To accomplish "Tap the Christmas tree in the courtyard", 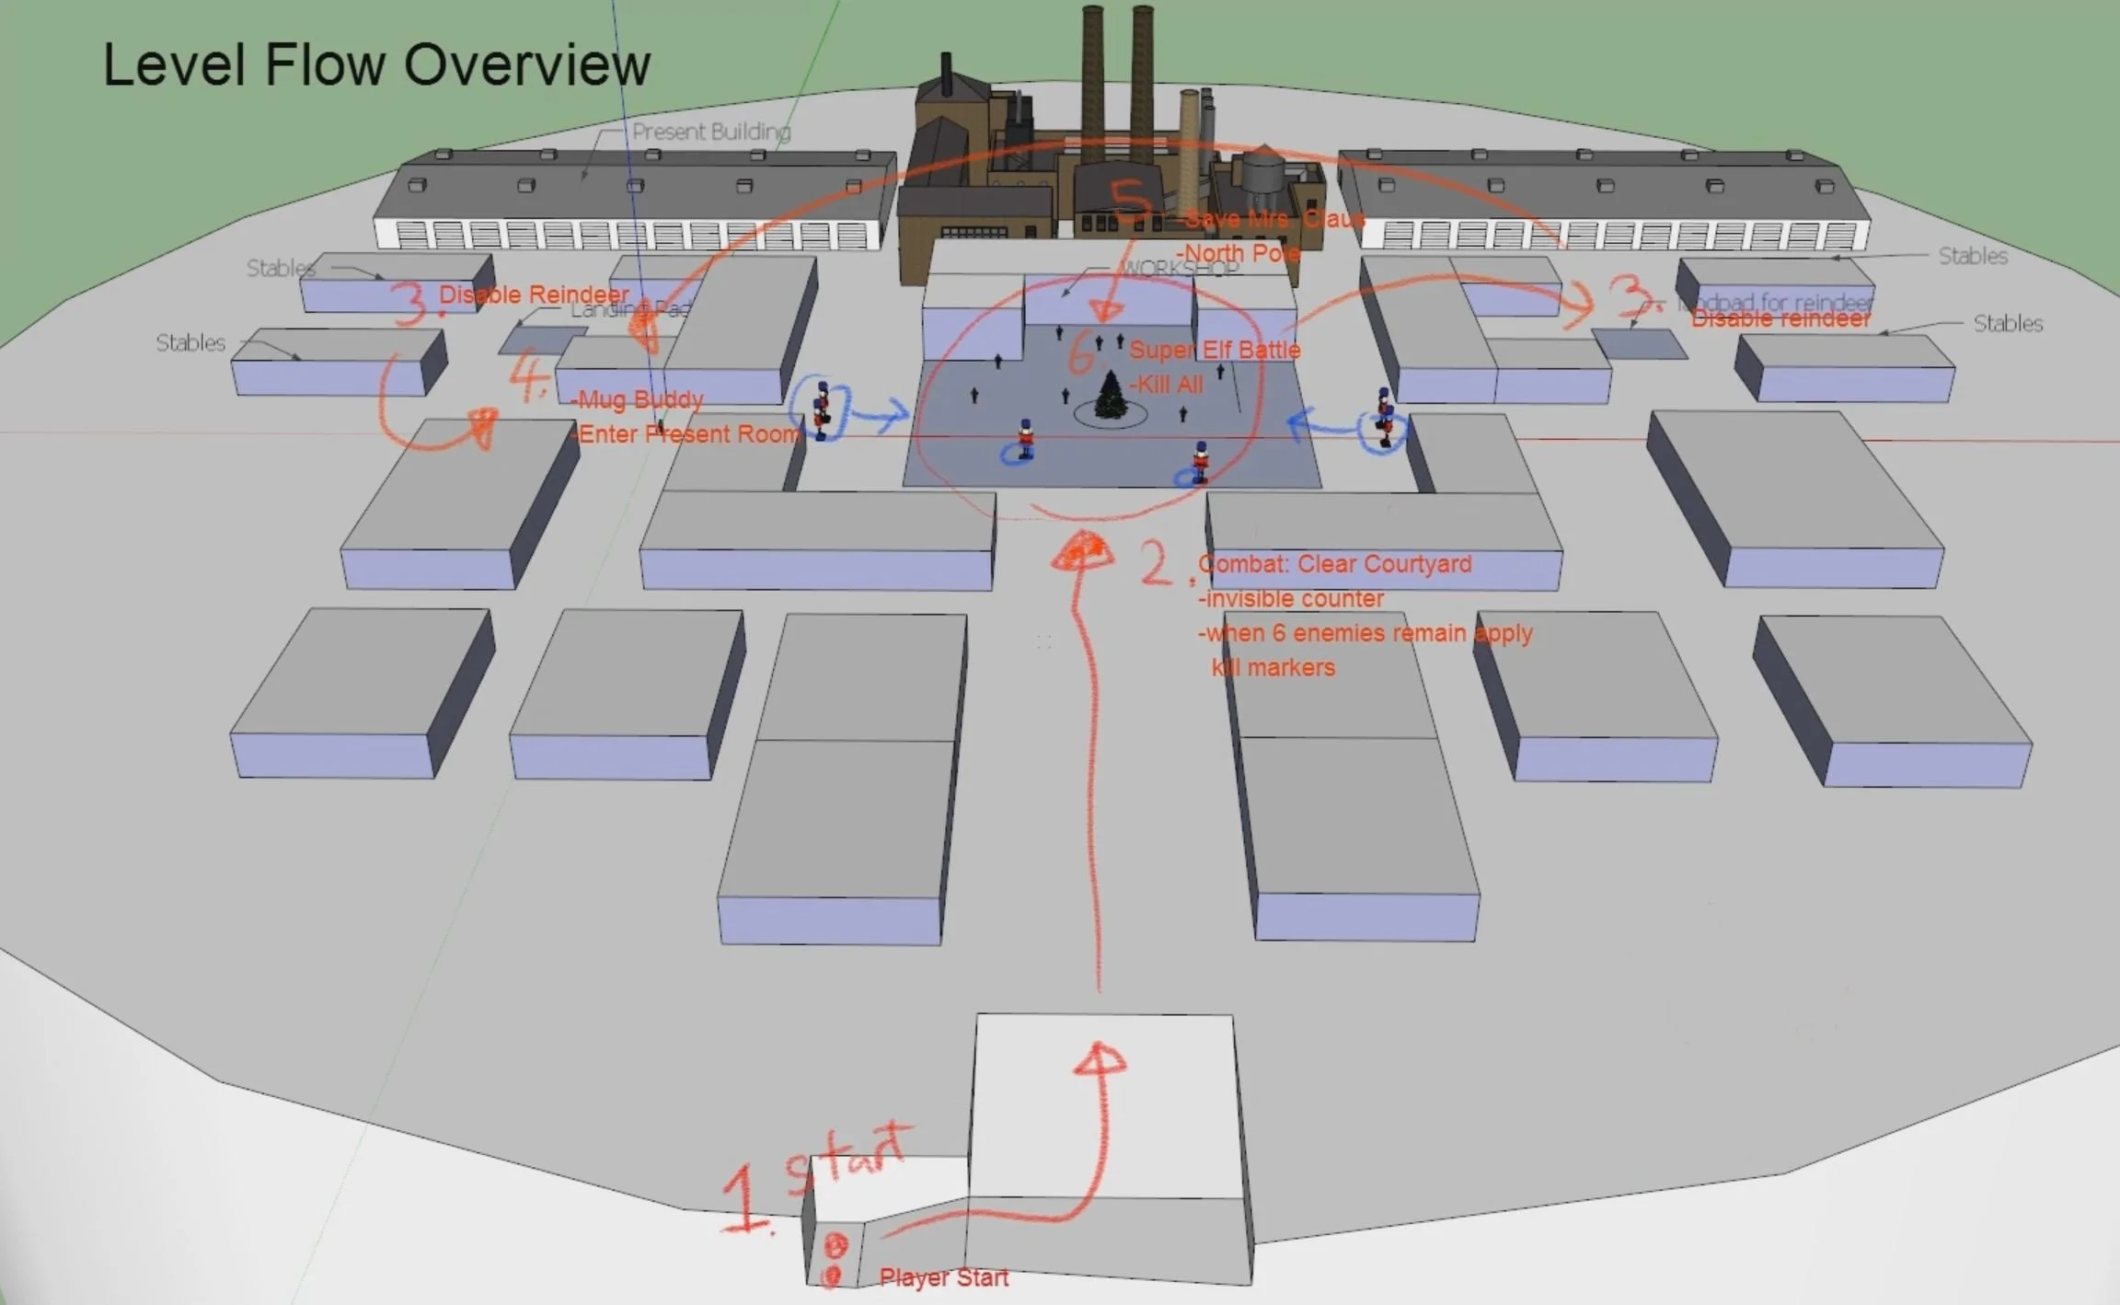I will pyautogui.click(x=1111, y=396).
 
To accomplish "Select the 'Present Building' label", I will pyautogui.click(x=710, y=133).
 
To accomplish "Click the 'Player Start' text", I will pyautogui.click(x=943, y=1277).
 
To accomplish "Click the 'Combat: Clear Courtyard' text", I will pyautogui.click(x=1335, y=564).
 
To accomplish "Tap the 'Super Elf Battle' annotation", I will pyautogui.click(x=1215, y=350).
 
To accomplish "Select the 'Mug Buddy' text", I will pyautogui.click(x=638, y=399).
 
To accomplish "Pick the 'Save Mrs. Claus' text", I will pyautogui.click(x=1274, y=219).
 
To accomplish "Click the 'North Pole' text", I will pyautogui.click(x=1239, y=253).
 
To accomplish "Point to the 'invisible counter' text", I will pyautogui.click(x=1291, y=599).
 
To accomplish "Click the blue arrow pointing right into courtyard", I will pyautogui.click(x=878, y=417).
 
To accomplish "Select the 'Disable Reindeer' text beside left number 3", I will pyautogui.click(x=534, y=294).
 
